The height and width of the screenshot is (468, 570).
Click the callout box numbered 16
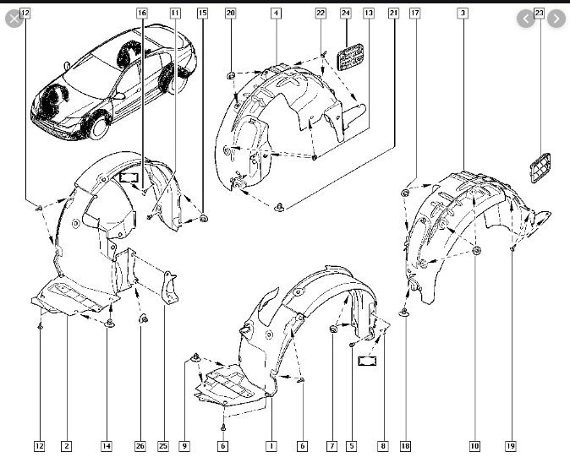click(142, 14)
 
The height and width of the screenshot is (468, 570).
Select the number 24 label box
click(345, 14)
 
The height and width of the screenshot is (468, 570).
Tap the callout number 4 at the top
click(277, 14)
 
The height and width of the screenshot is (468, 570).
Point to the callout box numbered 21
click(393, 14)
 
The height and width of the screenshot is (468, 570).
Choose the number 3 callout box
click(463, 14)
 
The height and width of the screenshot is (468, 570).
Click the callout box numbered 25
click(163, 446)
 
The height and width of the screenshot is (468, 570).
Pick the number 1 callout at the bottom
click(271, 446)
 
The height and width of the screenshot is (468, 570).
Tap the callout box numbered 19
click(511, 446)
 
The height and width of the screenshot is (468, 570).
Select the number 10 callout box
click(474, 446)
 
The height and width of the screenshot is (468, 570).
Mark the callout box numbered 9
click(184, 446)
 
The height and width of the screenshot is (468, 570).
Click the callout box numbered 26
click(140, 446)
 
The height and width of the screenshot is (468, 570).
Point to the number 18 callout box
click(405, 446)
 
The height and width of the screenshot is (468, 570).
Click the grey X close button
click(14, 19)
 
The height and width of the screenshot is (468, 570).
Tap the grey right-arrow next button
click(556, 19)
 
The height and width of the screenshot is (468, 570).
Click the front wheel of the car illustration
click(98, 128)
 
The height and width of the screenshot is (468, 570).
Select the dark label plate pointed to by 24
click(350, 57)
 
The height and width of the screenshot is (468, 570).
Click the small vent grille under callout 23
click(540, 168)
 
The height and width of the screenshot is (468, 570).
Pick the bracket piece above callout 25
click(169, 288)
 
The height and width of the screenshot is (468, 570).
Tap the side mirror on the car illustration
click(119, 95)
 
